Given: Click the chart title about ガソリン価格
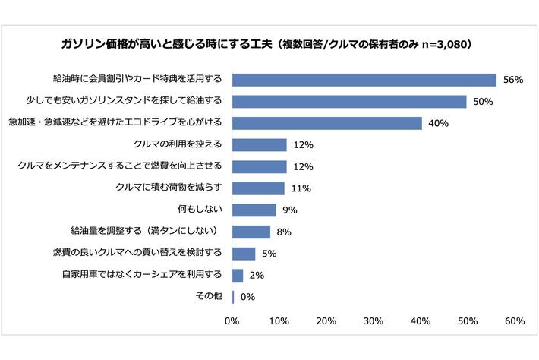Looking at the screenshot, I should click(x=270, y=43).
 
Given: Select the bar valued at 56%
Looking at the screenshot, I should click(x=364, y=80).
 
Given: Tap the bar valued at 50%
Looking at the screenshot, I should click(x=349, y=101).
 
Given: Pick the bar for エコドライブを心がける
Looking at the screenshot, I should click(x=326, y=123).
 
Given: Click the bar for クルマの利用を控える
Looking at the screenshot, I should click(x=259, y=145).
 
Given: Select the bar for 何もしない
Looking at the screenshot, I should click(x=254, y=210).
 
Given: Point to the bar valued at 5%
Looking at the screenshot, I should click(x=244, y=254).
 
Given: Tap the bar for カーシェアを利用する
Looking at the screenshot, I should click(x=238, y=275).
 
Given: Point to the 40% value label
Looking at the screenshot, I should click(x=439, y=123).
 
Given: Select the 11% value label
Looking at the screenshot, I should click(x=301, y=188).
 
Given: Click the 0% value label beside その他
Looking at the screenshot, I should click(x=247, y=297).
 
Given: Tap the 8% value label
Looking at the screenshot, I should click(x=283, y=232).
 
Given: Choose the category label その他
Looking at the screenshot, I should click(x=210, y=296).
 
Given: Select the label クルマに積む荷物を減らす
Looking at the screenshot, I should click(x=169, y=188).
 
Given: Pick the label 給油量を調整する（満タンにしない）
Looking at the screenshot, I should click(x=144, y=231).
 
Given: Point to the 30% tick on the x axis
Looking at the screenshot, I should click(x=373, y=322).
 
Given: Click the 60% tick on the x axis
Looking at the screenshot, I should click(x=514, y=322).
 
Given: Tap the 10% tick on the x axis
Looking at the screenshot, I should click(x=279, y=322).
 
